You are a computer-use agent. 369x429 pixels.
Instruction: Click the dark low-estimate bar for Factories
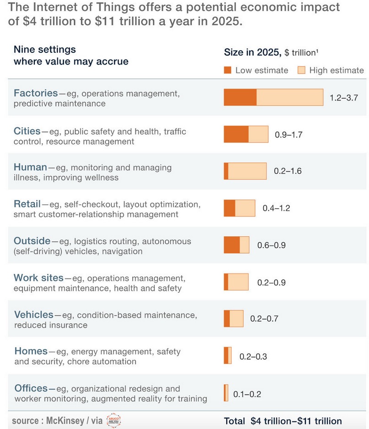[x=240, y=97]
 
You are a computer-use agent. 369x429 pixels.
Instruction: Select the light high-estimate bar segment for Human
[x=247, y=171]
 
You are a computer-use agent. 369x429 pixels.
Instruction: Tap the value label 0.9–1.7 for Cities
[x=288, y=134]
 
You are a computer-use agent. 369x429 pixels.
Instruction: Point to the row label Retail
[x=27, y=204]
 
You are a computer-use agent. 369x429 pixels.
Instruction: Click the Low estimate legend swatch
[x=228, y=70]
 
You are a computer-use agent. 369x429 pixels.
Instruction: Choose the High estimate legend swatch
[x=301, y=70]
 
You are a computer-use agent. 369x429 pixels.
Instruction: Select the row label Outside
[x=32, y=241]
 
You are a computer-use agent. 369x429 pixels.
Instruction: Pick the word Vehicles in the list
[x=34, y=315]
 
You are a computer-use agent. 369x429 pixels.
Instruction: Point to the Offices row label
[x=31, y=388]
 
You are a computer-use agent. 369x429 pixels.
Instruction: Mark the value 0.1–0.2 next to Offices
[x=247, y=394]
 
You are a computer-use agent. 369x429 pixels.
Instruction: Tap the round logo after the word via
[x=114, y=420]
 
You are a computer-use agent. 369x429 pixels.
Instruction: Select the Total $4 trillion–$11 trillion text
[x=282, y=421]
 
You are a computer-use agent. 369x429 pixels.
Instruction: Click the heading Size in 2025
[x=252, y=52]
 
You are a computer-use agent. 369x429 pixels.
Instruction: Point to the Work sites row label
[x=38, y=278]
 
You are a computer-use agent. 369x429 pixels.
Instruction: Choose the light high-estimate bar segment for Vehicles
[x=236, y=318]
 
